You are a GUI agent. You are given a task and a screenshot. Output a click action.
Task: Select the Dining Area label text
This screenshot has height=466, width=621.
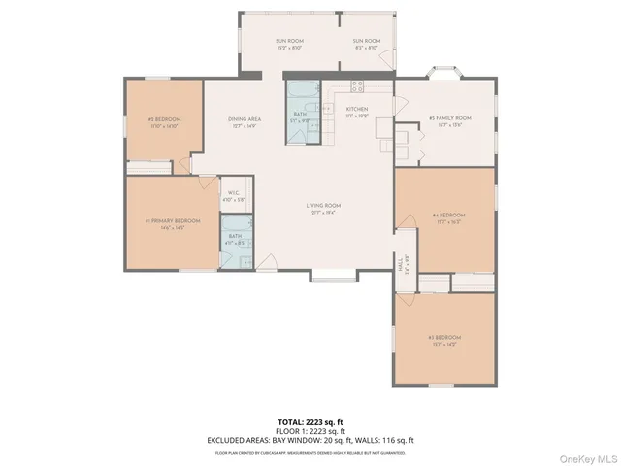click(245, 120)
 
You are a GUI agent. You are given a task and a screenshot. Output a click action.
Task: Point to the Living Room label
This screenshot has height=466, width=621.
click(325, 207)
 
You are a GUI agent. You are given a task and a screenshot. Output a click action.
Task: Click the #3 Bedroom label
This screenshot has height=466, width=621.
click(442, 340)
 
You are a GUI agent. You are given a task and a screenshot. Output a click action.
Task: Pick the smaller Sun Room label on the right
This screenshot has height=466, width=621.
click(366, 44)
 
